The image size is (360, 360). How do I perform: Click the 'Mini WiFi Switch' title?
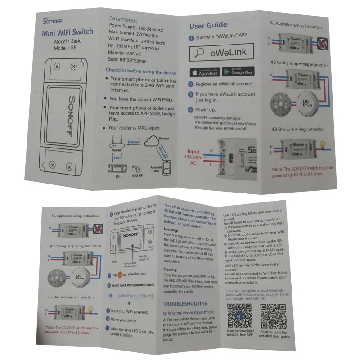67,32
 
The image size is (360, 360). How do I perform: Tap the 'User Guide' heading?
208,25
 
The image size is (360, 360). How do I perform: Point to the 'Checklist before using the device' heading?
140,71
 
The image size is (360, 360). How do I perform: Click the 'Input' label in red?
193,152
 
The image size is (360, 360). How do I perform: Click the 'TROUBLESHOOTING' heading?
185,304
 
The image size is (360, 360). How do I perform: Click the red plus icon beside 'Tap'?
119,275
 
